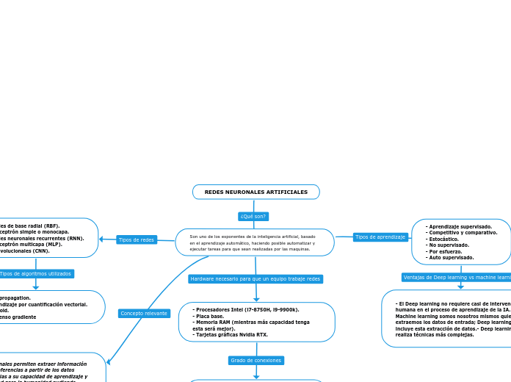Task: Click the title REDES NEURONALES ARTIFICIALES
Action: point(255,192)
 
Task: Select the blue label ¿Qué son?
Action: point(253,216)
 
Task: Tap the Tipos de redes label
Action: point(137,239)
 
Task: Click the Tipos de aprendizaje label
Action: point(380,237)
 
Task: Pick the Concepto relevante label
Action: point(144,314)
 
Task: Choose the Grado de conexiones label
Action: point(255,361)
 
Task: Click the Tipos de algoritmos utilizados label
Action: point(36,274)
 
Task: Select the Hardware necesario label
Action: point(255,279)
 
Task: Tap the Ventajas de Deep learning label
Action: point(456,277)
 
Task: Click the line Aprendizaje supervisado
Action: point(460,227)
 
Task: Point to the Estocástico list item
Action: point(443,239)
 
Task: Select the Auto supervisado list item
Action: point(451,258)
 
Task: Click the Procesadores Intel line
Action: point(245,310)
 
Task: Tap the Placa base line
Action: point(211,316)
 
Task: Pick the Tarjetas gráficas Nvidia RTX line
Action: point(230,334)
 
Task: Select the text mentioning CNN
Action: point(26,251)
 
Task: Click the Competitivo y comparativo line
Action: point(463,233)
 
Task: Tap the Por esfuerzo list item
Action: point(445,251)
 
